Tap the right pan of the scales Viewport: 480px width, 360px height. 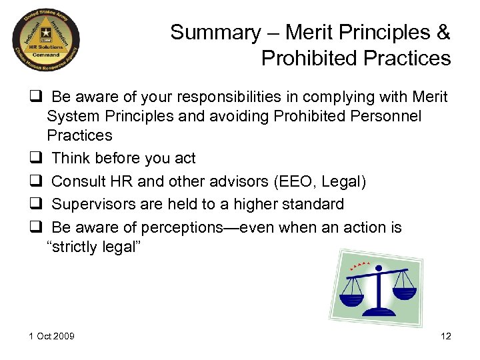click(403, 291)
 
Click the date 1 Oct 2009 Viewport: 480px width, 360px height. click(51, 336)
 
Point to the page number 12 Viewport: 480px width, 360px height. click(446, 336)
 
